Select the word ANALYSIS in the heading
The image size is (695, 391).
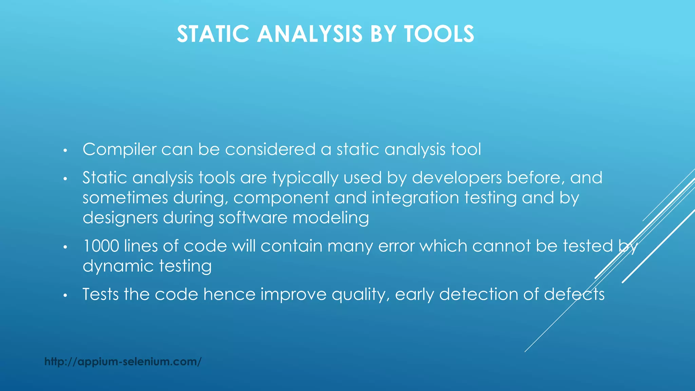pyautogui.click(x=309, y=34)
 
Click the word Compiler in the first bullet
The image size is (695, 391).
pyautogui.click(x=119, y=150)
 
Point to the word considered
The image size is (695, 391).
pyautogui.click(x=270, y=150)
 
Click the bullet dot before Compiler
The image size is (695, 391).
pyautogui.click(x=65, y=150)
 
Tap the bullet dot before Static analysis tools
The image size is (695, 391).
pyautogui.click(x=65, y=179)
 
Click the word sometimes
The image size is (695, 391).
pyautogui.click(x=125, y=198)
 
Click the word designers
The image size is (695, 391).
pyautogui.click(x=120, y=218)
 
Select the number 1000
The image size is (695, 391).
pyautogui.click(x=101, y=246)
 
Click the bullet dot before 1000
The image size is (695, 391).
pyautogui.click(x=65, y=247)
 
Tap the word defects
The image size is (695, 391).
pyautogui.click(x=574, y=294)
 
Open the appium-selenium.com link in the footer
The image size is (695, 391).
pyautogui.click(x=123, y=362)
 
